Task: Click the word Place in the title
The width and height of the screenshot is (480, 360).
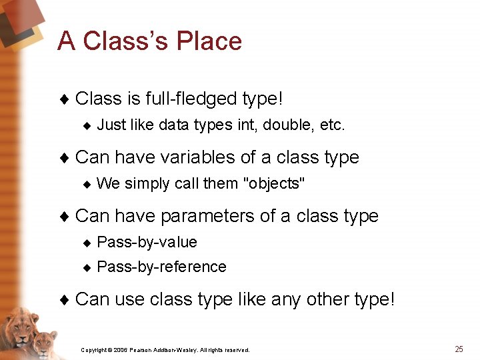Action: (x=209, y=41)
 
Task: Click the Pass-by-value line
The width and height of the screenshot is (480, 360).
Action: (x=147, y=242)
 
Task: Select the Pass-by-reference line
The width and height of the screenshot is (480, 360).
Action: (x=161, y=267)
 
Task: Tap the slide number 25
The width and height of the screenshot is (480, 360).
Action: (x=459, y=349)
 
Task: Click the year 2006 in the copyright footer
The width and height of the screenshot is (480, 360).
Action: (x=120, y=350)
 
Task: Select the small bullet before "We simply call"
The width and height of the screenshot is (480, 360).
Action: (x=86, y=184)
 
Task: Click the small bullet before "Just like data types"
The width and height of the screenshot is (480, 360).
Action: (x=86, y=125)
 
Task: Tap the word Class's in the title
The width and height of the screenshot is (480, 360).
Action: (x=121, y=41)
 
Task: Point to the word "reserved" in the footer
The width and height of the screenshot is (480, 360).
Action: (x=236, y=350)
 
